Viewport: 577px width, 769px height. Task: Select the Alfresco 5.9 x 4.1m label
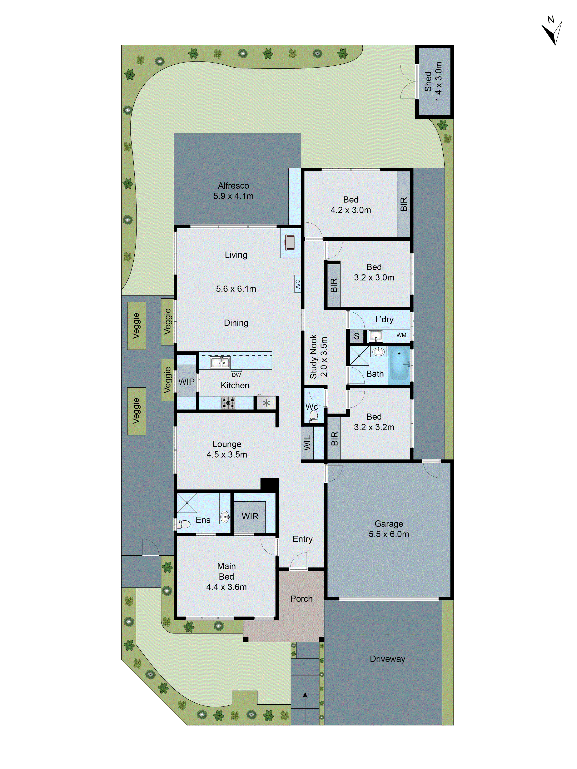[x=233, y=191]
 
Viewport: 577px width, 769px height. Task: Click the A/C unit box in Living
[x=298, y=284]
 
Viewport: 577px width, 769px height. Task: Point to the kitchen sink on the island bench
[x=220, y=363]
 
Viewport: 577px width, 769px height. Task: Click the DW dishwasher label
[x=236, y=375]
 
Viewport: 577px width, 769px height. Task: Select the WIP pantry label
[x=186, y=382]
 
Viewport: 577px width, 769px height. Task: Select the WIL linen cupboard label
[x=307, y=443]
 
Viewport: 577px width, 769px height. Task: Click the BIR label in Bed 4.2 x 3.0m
[x=404, y=204]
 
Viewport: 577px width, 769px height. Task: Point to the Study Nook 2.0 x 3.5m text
[x=318, y=356]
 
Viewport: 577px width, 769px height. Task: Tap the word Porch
[x=301, y=599]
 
